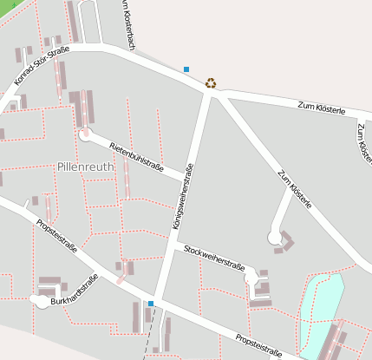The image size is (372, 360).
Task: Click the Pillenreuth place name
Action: pos(85,166)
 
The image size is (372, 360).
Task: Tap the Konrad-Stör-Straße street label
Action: pos(42,66)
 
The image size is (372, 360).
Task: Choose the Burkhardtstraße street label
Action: pos(74,291)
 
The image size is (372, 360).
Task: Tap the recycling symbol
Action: pos(211,84)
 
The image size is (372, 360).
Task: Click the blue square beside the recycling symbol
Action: pos(186,69)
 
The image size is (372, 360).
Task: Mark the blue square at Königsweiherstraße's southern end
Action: pos(151,304)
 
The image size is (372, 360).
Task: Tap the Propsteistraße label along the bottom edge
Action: pos(258,345)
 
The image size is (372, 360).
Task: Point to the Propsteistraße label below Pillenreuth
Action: pos(57,236)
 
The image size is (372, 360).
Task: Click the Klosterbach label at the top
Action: pos(125,22)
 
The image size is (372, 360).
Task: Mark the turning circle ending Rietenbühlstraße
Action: pos(85,134)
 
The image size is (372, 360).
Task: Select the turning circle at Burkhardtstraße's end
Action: pos(39,300)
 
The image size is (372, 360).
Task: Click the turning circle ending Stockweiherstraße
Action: pos(251,278)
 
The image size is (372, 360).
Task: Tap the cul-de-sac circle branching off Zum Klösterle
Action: pos(275,236)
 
